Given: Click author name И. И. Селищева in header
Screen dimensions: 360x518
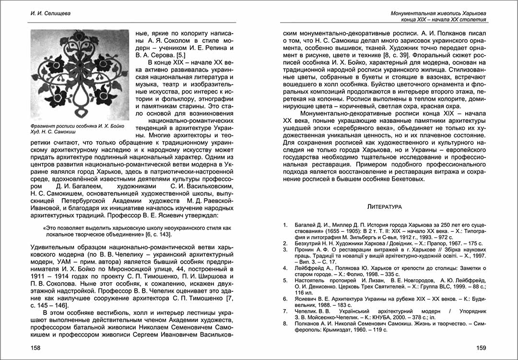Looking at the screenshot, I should point(47,13).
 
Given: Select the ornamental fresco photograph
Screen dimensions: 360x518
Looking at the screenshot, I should point(80,75).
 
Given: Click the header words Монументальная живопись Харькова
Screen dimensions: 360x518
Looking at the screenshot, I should point(439,13).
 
